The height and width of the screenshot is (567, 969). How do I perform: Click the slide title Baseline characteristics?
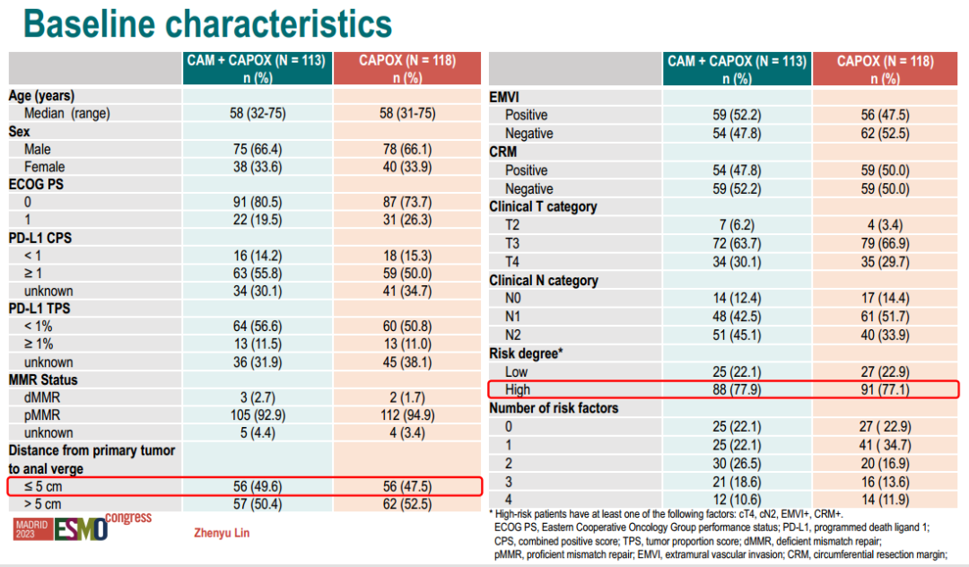coord(207,24)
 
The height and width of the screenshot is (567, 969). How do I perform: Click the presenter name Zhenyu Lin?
coord(222,533)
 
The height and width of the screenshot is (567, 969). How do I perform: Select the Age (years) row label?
coord(41,95)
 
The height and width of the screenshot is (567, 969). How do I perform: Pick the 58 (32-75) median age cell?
coord(258,113)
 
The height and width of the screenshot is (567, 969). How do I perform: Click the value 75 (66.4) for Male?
coord(258,149)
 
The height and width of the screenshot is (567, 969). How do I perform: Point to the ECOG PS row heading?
coord(37,184)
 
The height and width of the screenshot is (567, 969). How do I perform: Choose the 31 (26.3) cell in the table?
coord(408,220)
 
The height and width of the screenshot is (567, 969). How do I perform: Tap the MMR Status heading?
coord(44,379)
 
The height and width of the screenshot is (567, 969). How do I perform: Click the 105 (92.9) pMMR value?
coord(258,414)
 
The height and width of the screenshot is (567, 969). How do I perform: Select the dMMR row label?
coord(42,397)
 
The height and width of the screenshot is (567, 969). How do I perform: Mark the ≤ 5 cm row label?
coord(43,486)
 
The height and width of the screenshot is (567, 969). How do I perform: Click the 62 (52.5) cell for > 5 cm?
coord(408,504)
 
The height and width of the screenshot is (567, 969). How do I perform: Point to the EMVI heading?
coord(504,96)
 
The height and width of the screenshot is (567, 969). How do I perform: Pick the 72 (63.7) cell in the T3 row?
coord(738,244)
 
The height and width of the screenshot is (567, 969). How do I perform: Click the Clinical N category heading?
coord(543,281)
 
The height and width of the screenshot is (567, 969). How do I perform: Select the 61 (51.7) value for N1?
coord(885,318)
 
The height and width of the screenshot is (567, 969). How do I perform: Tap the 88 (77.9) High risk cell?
coord(738,389)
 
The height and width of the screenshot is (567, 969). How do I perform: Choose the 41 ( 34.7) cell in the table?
coord(885,445)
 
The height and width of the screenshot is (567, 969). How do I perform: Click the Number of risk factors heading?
coord(554,408)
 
